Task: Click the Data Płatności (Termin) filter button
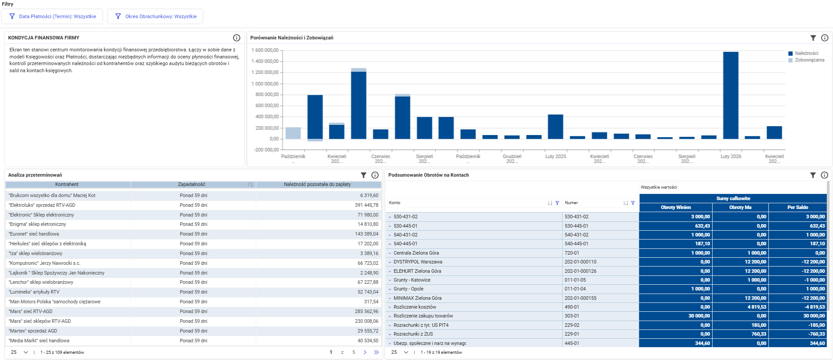(52, 16)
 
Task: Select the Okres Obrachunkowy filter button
(155, 16)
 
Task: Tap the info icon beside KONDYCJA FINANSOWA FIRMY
(237, 38)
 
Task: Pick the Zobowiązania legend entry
(806, 60)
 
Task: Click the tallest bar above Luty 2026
(731, 96)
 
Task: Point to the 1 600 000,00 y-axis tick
(265, 50)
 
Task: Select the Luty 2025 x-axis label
(555, 156)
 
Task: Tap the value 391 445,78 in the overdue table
(366, 205)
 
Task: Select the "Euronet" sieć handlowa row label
(34, 234)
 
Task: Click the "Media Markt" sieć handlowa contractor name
(39, 341)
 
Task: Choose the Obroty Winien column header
(675, 207)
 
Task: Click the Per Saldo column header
(798, 207)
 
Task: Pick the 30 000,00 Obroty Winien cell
(699, 316)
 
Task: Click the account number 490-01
(572, 307)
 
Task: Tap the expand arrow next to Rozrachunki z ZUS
(390, 334)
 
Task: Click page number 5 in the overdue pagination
(354, 352)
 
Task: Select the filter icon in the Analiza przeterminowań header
(363, 175)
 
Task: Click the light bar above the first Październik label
(293, 133)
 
